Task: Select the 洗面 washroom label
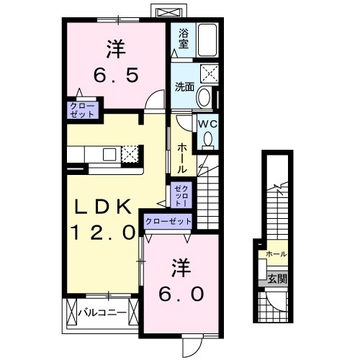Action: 185,87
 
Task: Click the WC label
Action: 207,125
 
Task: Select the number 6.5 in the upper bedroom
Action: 112,74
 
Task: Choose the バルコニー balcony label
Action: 102,312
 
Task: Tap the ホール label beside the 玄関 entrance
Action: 276,254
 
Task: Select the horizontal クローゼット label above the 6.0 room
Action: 168,222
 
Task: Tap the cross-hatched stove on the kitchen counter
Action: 130,153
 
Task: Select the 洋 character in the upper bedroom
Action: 113,48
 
